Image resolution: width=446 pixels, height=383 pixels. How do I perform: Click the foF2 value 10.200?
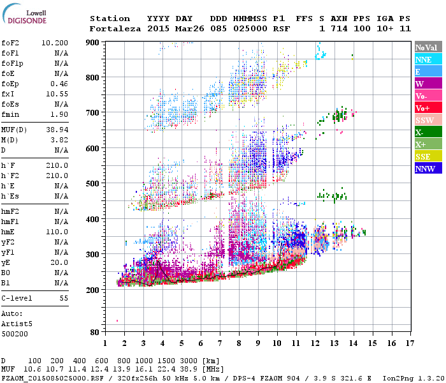(x=55, y=43)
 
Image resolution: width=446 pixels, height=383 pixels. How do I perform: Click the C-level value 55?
(x=64, y=298)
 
